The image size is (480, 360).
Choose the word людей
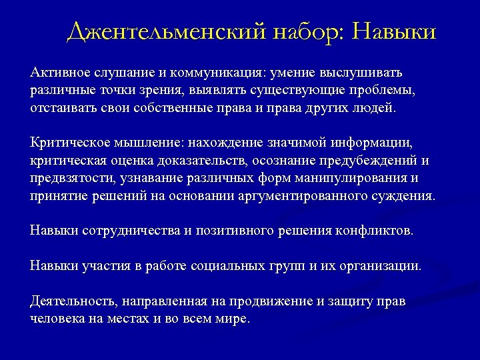377,107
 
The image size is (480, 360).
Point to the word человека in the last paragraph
58,319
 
